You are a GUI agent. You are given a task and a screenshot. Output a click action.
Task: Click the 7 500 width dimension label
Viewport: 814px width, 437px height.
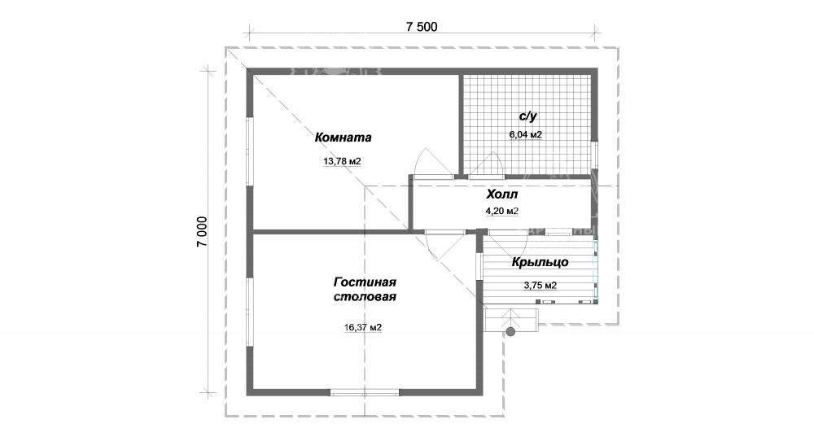pos(422,27)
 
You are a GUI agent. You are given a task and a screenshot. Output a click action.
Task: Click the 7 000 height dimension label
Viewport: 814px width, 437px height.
pos(202,231)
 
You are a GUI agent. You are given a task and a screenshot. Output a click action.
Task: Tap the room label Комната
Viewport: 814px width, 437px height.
pos(344,138)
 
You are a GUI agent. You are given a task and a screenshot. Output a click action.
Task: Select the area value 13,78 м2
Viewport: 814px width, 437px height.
pos(342,161)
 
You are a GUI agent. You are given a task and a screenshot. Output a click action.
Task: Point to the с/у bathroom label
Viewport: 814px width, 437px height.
pos(527,116)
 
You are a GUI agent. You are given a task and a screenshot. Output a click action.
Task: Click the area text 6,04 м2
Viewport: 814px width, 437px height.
pos(525,135)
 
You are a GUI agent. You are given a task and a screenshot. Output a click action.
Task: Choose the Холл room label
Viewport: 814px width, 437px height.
pos(502,194)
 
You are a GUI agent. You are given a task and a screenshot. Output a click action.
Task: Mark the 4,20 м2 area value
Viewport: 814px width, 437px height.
pos(502,212)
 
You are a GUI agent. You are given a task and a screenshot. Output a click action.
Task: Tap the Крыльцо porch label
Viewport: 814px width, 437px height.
pos(540,263)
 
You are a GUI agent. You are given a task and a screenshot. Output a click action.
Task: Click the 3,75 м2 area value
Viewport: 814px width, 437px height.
pos(540,286)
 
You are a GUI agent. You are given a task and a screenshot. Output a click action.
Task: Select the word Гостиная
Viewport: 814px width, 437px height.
pos(365,282)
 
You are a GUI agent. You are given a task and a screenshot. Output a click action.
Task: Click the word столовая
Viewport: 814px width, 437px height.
pos(365,297)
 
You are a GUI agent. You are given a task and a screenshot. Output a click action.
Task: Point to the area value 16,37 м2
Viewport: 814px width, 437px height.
pos(363,327)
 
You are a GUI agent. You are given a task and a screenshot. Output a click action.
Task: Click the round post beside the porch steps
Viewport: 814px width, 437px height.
pos(511,331)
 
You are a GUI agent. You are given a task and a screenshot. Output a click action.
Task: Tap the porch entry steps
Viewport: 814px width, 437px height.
pos(511,319)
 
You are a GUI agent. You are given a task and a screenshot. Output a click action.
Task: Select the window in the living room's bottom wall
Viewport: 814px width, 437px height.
pos(365,393)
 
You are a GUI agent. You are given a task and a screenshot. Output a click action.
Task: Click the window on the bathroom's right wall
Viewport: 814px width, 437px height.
pos(595,155)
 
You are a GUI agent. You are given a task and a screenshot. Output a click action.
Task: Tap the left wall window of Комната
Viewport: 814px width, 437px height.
pos(250,151)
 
